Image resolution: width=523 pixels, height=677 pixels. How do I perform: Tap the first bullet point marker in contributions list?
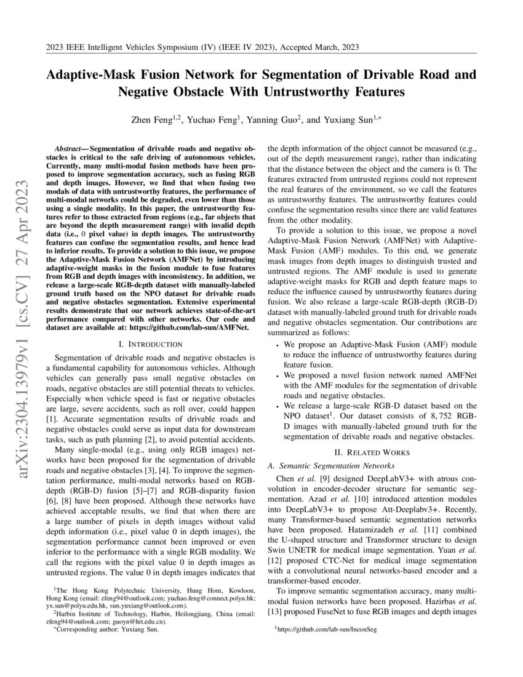277,345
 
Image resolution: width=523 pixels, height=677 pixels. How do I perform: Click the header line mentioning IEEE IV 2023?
202,47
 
